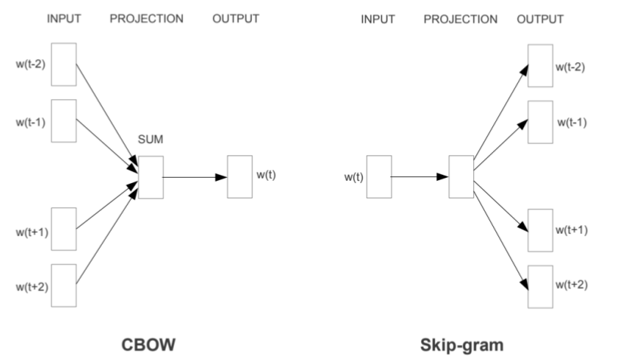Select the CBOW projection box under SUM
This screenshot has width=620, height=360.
tap(150, 177)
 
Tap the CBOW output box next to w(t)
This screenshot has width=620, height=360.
tap(240, 177)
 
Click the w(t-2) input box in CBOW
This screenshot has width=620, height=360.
tap(64, 64)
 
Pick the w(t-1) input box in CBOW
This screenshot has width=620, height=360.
tap(64, 120)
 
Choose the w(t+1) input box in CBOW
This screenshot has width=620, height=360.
tap(64, 228)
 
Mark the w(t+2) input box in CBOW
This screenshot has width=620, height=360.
tap(64, 285)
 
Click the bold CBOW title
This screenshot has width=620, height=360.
tap(150, 344)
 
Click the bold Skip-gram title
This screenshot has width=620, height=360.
tap(461, 344)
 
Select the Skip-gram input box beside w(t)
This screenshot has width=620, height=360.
tap(378, 177)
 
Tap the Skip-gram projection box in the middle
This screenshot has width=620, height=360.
tap(460, 177)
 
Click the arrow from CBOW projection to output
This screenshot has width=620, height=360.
tap(194, 177)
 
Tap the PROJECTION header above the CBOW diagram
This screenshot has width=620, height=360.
tap(147, 19)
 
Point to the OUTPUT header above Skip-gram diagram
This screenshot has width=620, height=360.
tap(540, 19)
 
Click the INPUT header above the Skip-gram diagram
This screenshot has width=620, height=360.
tap(378, 19)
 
